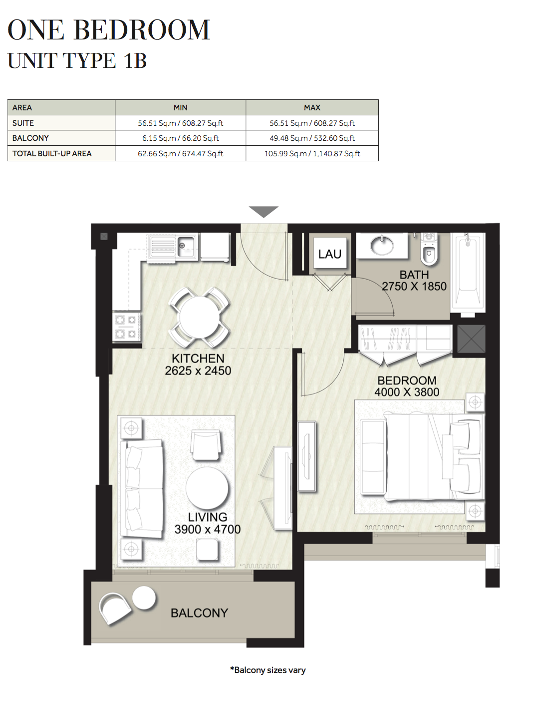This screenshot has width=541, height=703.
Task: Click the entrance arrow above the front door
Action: pyautogui.click(x=264, y=212)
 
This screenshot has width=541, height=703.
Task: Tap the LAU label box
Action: pyautogui.click(x=329, y=254)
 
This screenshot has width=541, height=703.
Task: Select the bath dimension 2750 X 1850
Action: pyautogui.click(x=414, y=287)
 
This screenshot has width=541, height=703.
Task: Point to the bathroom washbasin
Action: pyautogui.click(x=382, y=245)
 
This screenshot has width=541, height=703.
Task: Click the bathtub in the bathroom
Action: pyautogui.click(x=468, y=272)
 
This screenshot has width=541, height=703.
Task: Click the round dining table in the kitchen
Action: pyautogui.click(x=199, y=317)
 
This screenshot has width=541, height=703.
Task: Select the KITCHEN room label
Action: pyautogui.click(x=198, y=358)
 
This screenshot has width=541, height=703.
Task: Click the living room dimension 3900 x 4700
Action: pyautogui.click(x=207, y=529)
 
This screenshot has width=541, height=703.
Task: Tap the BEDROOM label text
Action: pyautogui.click(x=407, y=380)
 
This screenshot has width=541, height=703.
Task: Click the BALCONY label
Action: pyautogui.click(x=199, y=613)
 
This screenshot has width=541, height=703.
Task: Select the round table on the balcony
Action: pyautogui.click(x=144, y=598)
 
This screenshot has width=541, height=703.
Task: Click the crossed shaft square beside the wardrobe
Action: pyautogui.click(x=471, y=339)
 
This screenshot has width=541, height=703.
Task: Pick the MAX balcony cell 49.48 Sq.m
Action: pyautogui.click(x=312, y=138)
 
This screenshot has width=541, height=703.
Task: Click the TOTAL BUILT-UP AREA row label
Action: pyautogui.click(x=52, y=154)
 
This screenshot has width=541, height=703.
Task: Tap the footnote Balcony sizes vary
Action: pyautogui.click(x=268, y=670)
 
